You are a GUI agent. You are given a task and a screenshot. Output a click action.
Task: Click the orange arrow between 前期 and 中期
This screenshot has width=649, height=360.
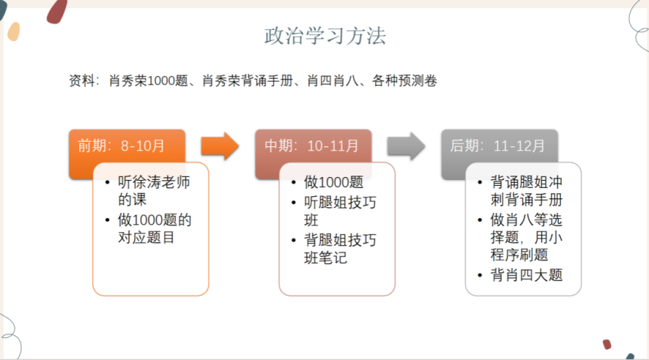click(x=220, y=146)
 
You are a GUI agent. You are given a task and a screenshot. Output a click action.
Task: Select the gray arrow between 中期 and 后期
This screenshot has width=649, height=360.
click(x=406, y=146)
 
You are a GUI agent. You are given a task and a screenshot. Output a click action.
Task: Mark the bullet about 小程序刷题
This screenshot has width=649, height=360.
click(x=526, y=237)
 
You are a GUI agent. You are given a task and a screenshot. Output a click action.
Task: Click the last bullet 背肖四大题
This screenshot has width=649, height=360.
click(x=526, y=276)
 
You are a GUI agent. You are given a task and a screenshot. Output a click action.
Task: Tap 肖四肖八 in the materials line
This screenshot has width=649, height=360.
click(x=333, y=81)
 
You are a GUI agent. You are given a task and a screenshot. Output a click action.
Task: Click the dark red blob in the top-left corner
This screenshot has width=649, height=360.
click(x=57, y=10)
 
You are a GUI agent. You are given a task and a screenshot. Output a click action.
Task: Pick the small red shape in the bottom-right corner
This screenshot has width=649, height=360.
click(x=607, y=344)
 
